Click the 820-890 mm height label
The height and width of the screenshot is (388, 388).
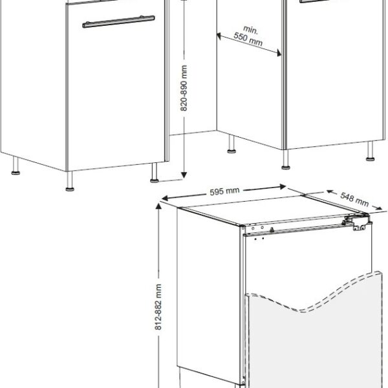(x=184, y=88)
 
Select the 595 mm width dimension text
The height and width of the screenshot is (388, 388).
(x=224, y=191)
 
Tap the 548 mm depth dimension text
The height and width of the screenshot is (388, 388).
(x=354, y=199)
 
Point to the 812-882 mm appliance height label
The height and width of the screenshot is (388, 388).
(x=158, y=307)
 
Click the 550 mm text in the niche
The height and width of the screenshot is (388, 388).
(x=248, y=39)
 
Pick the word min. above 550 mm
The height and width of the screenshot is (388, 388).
(x=250, y=30)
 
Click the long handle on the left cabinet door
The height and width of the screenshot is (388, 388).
(x=118, y=21)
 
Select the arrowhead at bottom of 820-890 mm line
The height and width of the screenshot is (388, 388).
(x=184, y=175)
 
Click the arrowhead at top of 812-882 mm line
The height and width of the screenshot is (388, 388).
(x=158, y=206)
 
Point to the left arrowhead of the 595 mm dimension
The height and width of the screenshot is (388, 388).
(x=165, y=199)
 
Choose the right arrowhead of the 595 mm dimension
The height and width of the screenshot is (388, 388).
(x=283, y=187)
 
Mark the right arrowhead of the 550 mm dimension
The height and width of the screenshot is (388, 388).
(x=279, y=53)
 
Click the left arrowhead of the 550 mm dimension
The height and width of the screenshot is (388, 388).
(x=219, y=36)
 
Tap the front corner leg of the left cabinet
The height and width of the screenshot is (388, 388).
(x=70, y=181)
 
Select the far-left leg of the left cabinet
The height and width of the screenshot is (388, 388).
(x=16, y=166)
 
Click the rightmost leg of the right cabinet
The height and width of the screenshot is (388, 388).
(x=370, y=151)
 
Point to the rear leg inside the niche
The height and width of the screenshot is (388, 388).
(x=232, y=144)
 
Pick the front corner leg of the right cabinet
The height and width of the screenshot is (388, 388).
(x=286, y=160)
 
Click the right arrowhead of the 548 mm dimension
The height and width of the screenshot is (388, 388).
(x=380, y=208)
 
